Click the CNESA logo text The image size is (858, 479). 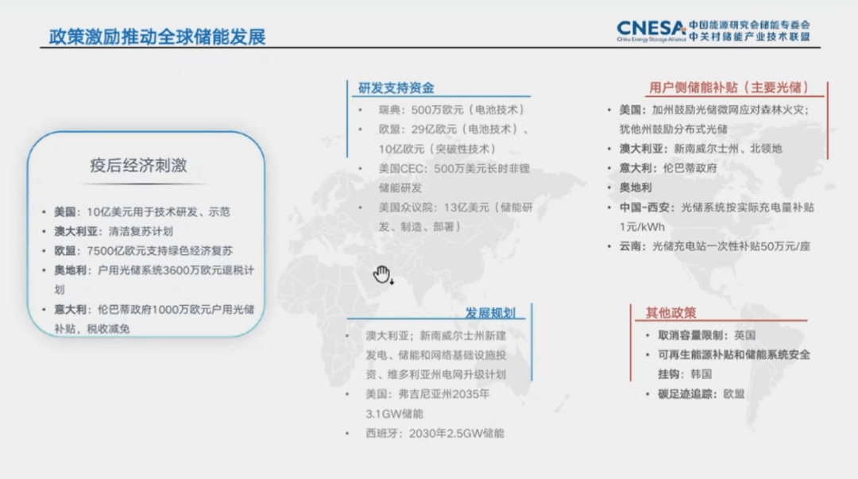(x=651, y=28)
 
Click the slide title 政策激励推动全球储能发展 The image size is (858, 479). (x=157, y=37)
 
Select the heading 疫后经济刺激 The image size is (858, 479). (x=138, y=165)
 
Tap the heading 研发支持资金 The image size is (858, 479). (x=396, y=87)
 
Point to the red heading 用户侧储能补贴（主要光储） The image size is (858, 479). (x=729, y=87)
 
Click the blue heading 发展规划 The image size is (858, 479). (x=490, y=313)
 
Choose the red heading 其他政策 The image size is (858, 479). (x=671, y=313)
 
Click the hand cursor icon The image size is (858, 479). (x=382, y=275)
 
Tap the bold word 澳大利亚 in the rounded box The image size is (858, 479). (x=75, y=232)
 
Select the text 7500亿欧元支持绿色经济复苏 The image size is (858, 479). (x=160, y=251)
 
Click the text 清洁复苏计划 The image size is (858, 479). (x=141, y=232)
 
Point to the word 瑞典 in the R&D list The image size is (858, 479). (x=389, y=110)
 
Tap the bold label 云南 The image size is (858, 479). (x=630, y=246)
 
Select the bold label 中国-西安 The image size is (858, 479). (x=643, y=207)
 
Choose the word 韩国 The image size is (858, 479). (x=701, y=374)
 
